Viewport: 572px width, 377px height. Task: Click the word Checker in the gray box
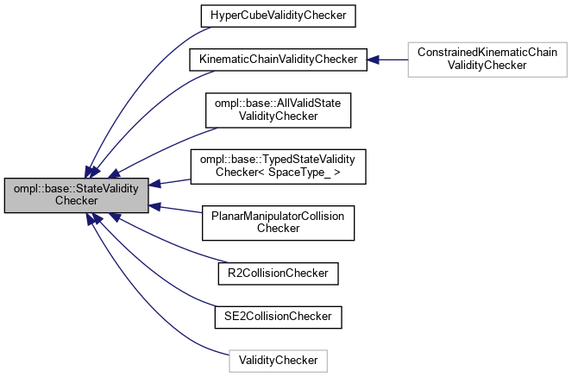pos(76,201)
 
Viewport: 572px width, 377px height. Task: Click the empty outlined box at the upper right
pos(487,59)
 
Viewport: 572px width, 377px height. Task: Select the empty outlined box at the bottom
pos(278,361)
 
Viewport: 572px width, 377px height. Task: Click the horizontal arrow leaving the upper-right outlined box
pos(390,60)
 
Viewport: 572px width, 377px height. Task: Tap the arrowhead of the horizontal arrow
pos(373,60)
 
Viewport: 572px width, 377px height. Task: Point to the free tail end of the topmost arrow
pos(210,28)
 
